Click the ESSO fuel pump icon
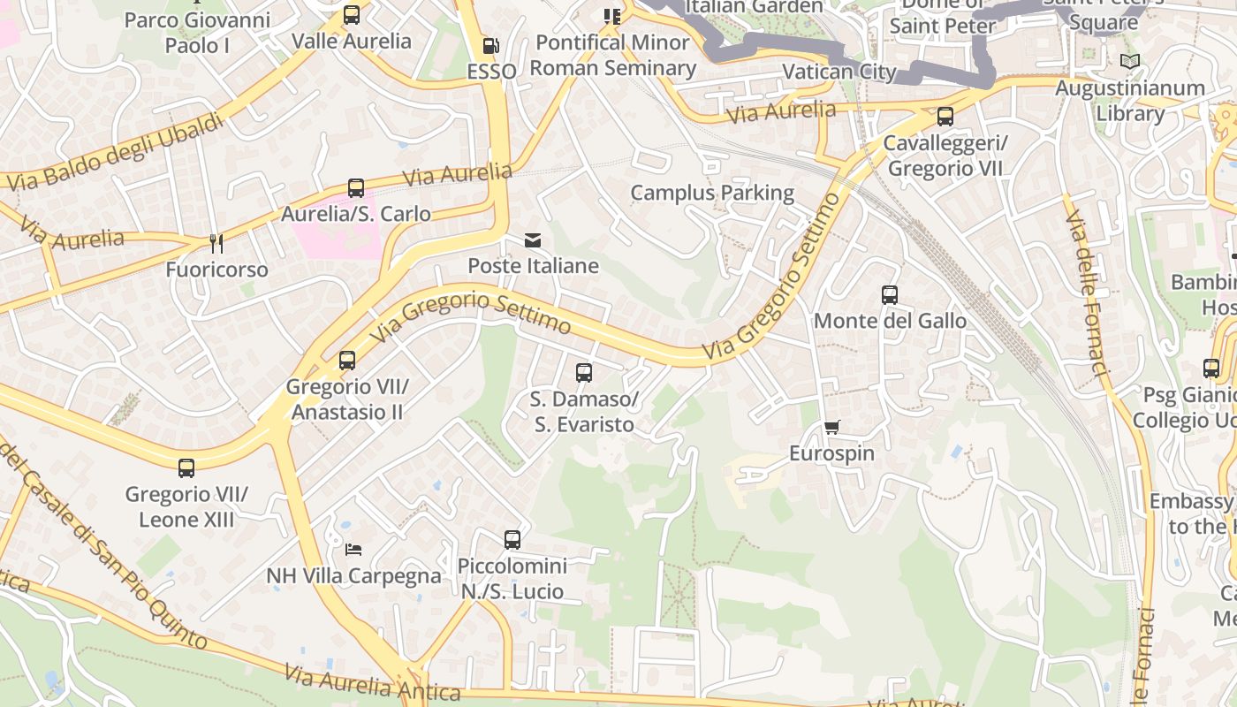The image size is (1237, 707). pyautogui.click(x=490, y=45)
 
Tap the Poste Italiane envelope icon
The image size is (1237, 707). pyautogui.click(x=533, y=240)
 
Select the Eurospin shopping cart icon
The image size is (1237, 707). pyautogui.click(x=831, y=428)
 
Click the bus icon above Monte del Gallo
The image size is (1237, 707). pyautogui.click(x=890, y=295)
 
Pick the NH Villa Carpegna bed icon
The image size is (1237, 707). pyautogui.click(x=353, y=549)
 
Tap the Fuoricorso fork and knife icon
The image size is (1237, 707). pyautogui.click(x=216, y=243)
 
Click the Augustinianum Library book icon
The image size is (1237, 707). pyautogui.click(x=1129, y=61)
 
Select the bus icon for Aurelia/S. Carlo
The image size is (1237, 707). pyautogui.click(x=356, y=188)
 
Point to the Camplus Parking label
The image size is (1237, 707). pyautogui.click(x=712, y=193)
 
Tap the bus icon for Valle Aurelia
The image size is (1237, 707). pyautogui.click(x=352, y=15)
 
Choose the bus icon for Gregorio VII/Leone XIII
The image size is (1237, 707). pyautogui.click(x=186, y=468)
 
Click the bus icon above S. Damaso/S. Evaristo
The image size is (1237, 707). pyautogui.click(x=584, y=373)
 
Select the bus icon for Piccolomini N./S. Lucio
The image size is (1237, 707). pyautogui.click(x=512, y=540)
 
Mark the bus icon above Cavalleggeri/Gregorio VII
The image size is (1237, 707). pyautogui.click(x=945, y=117)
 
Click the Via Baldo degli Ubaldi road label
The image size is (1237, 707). pyautogui.click(x=115, y=152)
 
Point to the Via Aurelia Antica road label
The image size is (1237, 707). pyautogui.click(x=372, y=684)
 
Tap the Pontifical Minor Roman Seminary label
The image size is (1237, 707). pyautogui.click(x=613, y=55)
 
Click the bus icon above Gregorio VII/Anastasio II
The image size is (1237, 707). pyautogui.click(x=347, y=361)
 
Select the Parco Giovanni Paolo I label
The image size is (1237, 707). pyautogui.click(x=197, y=32)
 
